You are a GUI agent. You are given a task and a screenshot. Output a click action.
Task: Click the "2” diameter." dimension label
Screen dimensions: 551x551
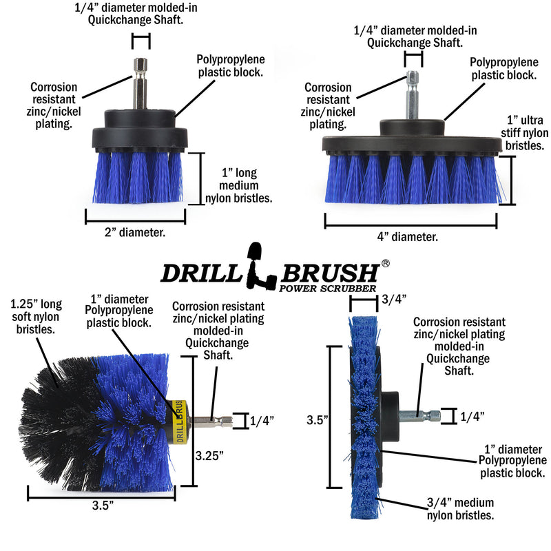(x=134, y=233)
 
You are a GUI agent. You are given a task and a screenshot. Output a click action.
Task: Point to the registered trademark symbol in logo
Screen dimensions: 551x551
(x=386, y=263)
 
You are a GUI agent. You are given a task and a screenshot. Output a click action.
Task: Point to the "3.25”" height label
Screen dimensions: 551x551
(x=209, y=455)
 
